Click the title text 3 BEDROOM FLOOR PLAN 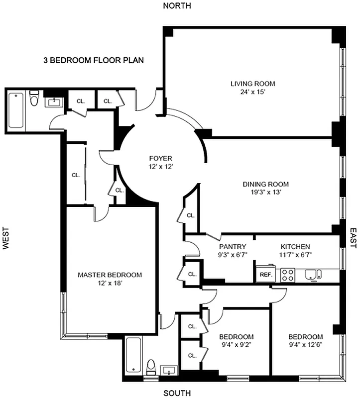coord(94,61)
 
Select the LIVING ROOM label coord(252,84)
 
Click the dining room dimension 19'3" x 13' coord(265,193)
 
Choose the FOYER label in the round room coord(160,159)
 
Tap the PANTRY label coord(233,246)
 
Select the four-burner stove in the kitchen coord(287,275)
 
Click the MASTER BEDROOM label coord(110,275)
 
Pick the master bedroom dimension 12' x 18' coord(110,283)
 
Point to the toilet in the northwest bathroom coord(34,100)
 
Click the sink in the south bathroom coord(169,371)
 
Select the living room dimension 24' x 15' coord(252,92)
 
